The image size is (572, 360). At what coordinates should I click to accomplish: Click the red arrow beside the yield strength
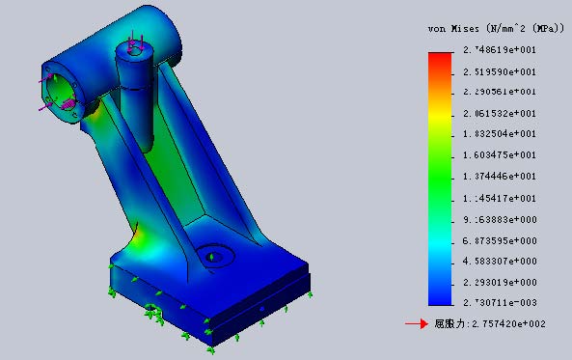pos(416,324)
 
